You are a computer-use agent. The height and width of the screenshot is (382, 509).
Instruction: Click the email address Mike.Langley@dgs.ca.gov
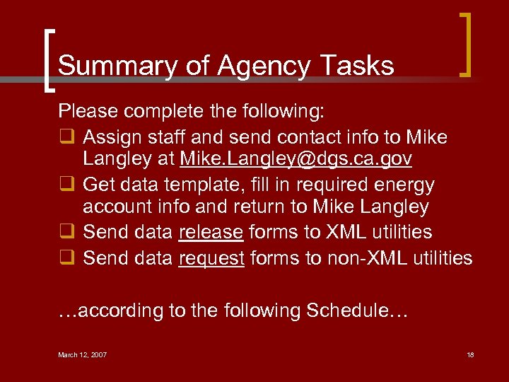[x=296, y=159]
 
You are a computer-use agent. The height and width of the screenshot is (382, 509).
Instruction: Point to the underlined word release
[x=211, y=232]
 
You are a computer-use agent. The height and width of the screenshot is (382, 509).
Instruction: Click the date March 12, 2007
[x=83, y=354]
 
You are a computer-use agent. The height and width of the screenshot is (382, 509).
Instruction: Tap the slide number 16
[x=470, y=354]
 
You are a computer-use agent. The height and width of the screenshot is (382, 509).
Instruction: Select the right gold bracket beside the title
[x=465, y=43]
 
